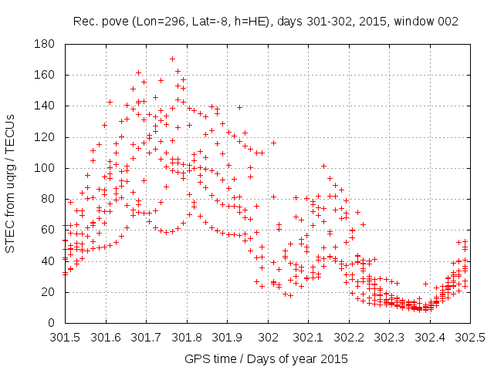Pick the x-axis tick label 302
[268, 338]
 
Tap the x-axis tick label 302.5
[470, 338]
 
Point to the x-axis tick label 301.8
[186, 338]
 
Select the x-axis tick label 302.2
[349, 338]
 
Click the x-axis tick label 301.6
[105, 338]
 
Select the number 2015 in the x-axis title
[333, 359]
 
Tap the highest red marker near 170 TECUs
[172, 59]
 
